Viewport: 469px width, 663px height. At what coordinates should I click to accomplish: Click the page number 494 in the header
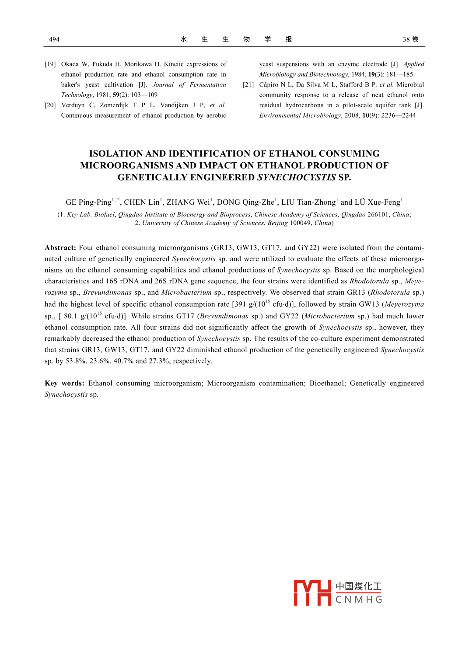[54, 39]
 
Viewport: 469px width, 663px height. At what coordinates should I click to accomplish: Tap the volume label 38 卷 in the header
[410, 39]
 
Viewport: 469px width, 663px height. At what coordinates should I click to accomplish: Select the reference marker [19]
[50, 64]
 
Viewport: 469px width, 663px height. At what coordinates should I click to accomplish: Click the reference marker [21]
[248, 85]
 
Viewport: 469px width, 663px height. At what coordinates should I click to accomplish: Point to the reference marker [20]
[50, 105]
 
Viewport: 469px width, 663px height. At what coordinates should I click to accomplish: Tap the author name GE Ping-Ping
[88, 202]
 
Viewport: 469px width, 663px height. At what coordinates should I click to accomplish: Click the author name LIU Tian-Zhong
[308, 202]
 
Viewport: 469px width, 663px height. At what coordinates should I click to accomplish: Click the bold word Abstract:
[60, 248]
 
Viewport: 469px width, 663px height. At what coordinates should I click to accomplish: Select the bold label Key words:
[64, 384]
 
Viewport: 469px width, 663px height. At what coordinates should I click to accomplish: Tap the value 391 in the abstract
[241, 304]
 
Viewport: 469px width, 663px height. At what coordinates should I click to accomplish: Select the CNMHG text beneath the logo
[359, 600]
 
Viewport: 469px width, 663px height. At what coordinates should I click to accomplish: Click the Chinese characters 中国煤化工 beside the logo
[359, 586]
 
